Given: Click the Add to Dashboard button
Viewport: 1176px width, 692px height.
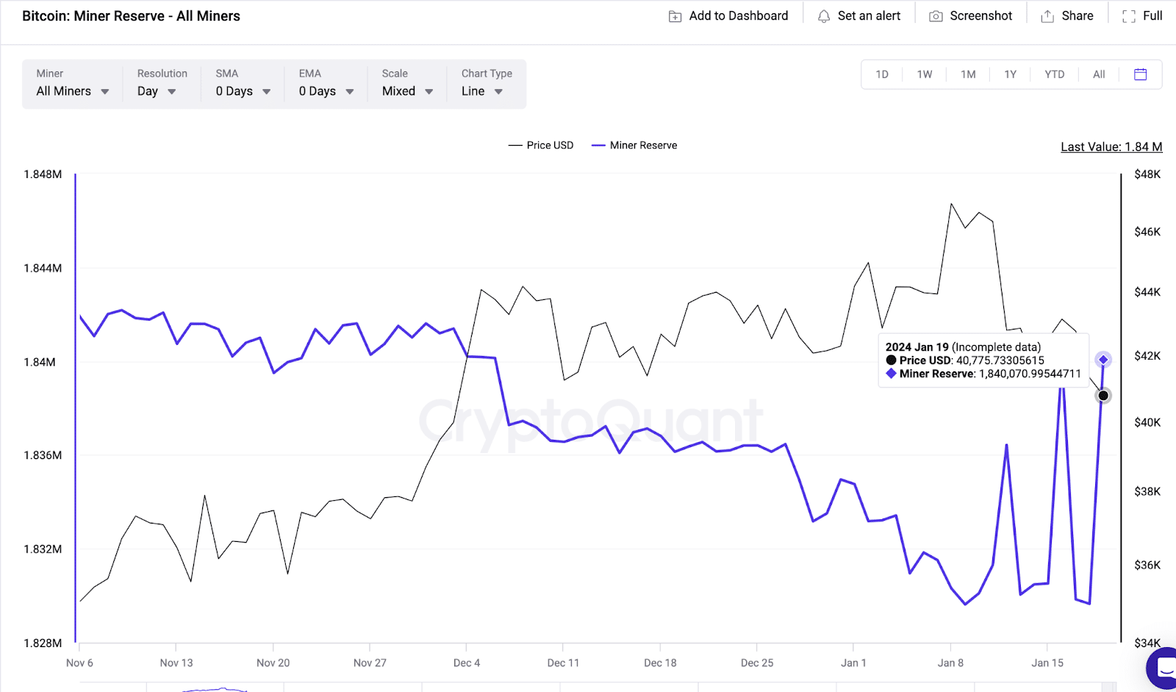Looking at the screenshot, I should point(728,16).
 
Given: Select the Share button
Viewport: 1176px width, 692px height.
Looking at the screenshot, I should point(1067,16).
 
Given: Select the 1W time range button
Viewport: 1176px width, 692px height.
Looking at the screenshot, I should point(925,74).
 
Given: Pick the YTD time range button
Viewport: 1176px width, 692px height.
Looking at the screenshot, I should point(1055,74).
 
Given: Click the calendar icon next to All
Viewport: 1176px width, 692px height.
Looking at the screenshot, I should point(1140,74).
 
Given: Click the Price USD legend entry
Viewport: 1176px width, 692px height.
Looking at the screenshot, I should point(541,146).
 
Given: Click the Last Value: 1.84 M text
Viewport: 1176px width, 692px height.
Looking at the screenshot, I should point(1111,147).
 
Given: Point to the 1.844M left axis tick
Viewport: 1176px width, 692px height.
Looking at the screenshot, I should point(43,268).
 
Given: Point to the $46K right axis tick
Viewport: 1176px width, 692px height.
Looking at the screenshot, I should point(1147,232).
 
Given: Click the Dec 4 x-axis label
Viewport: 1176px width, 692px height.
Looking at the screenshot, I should point(467,663).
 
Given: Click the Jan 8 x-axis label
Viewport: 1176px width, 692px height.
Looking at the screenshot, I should point(950,663).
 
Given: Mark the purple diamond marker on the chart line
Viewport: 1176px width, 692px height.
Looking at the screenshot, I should point(1103,360).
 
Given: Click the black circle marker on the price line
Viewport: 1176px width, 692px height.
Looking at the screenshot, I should point(1103,396).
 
